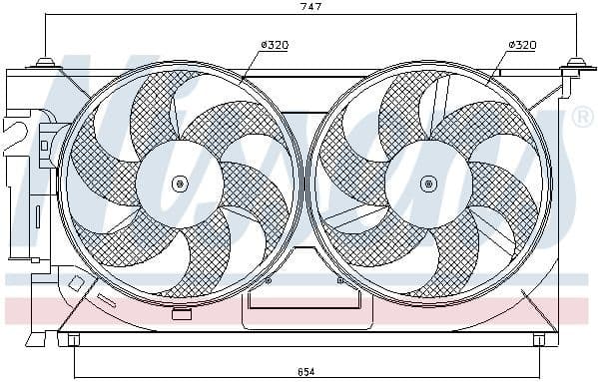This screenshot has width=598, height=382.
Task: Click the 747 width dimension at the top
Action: (311, 8)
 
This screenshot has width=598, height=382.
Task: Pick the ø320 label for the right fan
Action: (522, 45)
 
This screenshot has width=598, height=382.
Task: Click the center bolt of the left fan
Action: (179, 184)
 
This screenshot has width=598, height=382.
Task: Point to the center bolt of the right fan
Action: (428, 184)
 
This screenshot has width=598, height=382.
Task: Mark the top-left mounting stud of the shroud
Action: (44, 67)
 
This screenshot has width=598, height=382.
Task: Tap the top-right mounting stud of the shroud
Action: (575, 67)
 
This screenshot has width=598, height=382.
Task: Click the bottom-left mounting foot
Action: (72, 340)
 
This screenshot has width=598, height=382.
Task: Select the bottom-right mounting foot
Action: (539, 340)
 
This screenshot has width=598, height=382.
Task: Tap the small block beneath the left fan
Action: (181, 315)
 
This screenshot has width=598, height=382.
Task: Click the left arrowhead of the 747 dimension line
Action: (47, 20)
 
